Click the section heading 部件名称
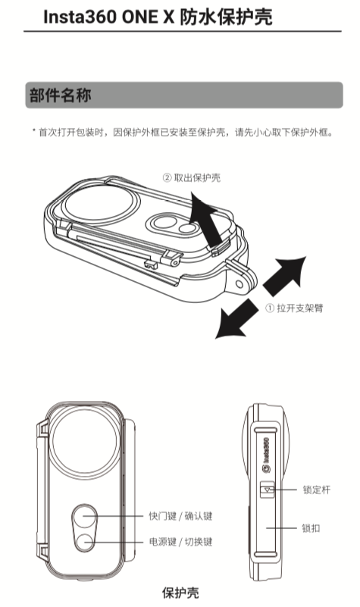[x=61, y=95]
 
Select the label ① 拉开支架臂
[x=295, y=308]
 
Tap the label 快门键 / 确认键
[x=180, y=516]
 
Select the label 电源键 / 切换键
[x=180, y=543]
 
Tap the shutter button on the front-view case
[x=85, y=517]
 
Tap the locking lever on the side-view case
[x=268, y=490]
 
